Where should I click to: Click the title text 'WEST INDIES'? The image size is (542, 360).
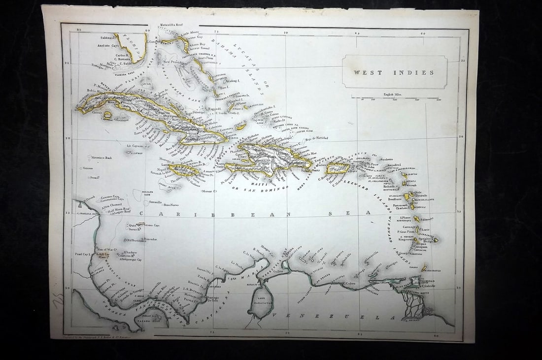click(x=394, y=72)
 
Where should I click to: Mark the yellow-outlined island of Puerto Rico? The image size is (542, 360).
click(x=338, y=168)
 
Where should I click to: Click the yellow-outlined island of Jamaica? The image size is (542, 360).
click(x=183, y=170)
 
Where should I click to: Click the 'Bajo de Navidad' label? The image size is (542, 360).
click(x=316, y=139)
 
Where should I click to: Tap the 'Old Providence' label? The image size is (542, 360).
click(x=136, y=240)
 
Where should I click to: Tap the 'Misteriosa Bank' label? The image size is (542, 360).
click(x=102, y=158)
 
